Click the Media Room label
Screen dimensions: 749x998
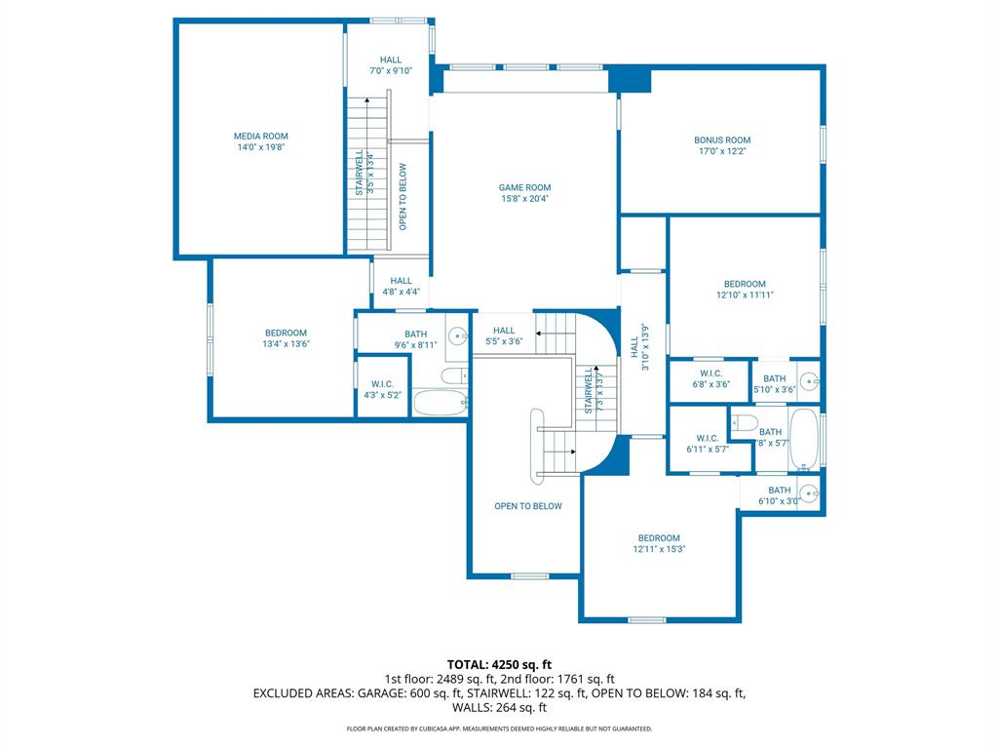pyautogui.click(x=260, y=137)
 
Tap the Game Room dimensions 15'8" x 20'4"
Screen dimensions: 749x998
pyautogui.click(x=525, y=199)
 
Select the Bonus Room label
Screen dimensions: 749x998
pyautogui.click(x=722, y=140)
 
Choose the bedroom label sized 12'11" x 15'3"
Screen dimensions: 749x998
pyautogui.click(x=659, y=538)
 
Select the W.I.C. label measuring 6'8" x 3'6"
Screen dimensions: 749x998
pyautogui.click(x=710, y=374)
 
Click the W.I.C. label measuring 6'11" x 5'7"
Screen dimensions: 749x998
pyautogui.click(x=707, y=438)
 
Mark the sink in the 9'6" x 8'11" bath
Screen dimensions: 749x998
pyautogui.click(x=458, y=336)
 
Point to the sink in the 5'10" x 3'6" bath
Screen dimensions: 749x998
pyautogui.click(x=808, y=379)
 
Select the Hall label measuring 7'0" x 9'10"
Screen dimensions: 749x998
pyautogui.click(x=391, y=59)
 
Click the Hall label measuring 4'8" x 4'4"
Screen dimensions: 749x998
pyautogui.click(x=401, y=281)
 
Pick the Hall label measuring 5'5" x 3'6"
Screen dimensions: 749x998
pyautogui.click(x=504, y=331)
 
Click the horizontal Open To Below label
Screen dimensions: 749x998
pyautogui.click(x=527, y=506)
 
